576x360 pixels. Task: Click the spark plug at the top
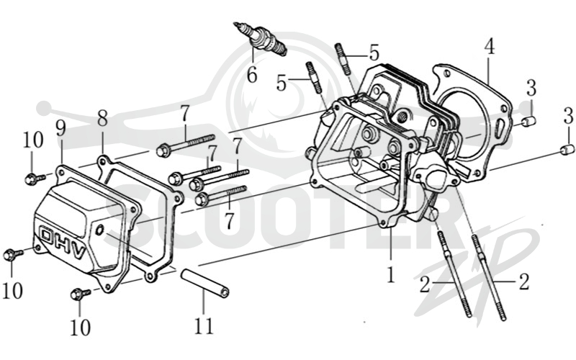point(260,39)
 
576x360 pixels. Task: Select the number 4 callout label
point(489,48)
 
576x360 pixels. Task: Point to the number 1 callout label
point(391,274)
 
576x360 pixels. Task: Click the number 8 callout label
point(102,119)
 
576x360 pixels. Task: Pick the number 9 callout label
point(60,129)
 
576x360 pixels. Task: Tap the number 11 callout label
point(204,325)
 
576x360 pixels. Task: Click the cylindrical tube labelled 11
point(204,283)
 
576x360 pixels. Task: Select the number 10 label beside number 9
point(33,140)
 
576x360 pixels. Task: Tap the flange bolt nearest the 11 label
point(81,294)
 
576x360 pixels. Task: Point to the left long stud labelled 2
point(454,272)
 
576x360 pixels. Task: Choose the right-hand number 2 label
point(524,281)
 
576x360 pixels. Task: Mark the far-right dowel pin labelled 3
point(567,150)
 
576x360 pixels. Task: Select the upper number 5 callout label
point(374,53)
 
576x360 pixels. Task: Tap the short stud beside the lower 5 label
point(312,77)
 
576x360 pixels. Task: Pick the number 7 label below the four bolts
point(229,221)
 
